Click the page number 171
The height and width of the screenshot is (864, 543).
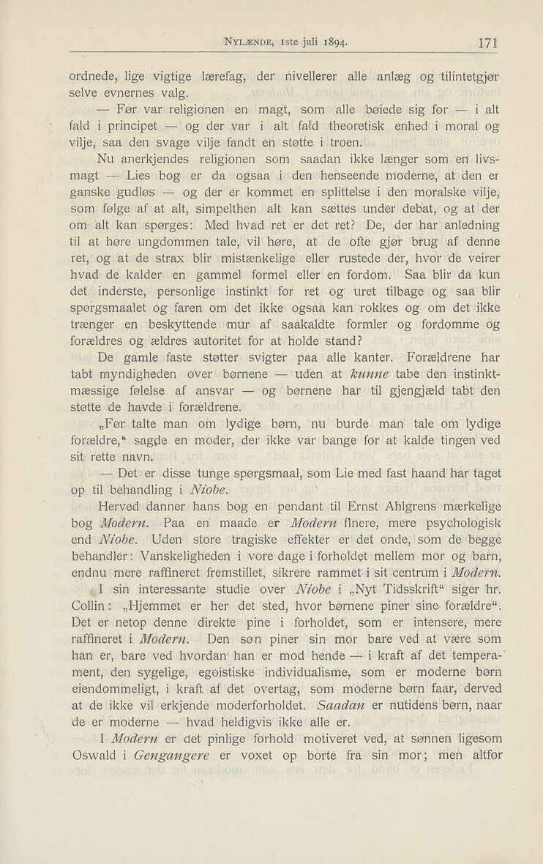pos(485,43)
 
